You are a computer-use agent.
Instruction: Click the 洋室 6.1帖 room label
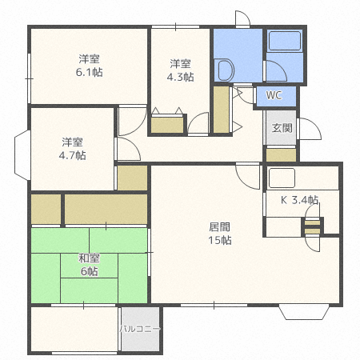tap(89, 66)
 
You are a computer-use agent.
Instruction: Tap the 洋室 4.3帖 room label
tap(180, 70)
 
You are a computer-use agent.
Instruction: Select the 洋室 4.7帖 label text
tap(73, 149)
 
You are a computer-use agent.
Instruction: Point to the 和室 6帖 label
tap(89, 265)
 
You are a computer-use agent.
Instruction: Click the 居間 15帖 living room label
tap(220, 234)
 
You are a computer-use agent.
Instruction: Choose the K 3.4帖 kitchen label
tap(299, 200)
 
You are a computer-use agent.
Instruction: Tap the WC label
tap(274, 95)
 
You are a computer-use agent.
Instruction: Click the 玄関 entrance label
tap(282, 128)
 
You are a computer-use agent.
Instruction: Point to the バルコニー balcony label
tap(140, 329)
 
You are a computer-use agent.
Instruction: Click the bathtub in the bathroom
tap(285, 41)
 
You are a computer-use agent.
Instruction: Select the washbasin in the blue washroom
tap(224, 70)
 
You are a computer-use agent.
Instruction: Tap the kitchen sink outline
tap(282, 178)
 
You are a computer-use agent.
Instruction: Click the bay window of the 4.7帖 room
tap(22, 155)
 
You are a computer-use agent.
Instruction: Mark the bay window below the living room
tap(304, 312)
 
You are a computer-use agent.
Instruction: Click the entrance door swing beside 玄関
tap(310, 129)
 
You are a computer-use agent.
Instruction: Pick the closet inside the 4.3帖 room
tap(167, 125)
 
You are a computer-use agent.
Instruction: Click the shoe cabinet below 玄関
tap(282, 155)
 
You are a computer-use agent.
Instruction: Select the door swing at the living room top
tap(248, 176)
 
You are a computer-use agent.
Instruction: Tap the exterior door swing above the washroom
tap(242, 18)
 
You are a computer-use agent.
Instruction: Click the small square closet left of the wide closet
tap(46, 210)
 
